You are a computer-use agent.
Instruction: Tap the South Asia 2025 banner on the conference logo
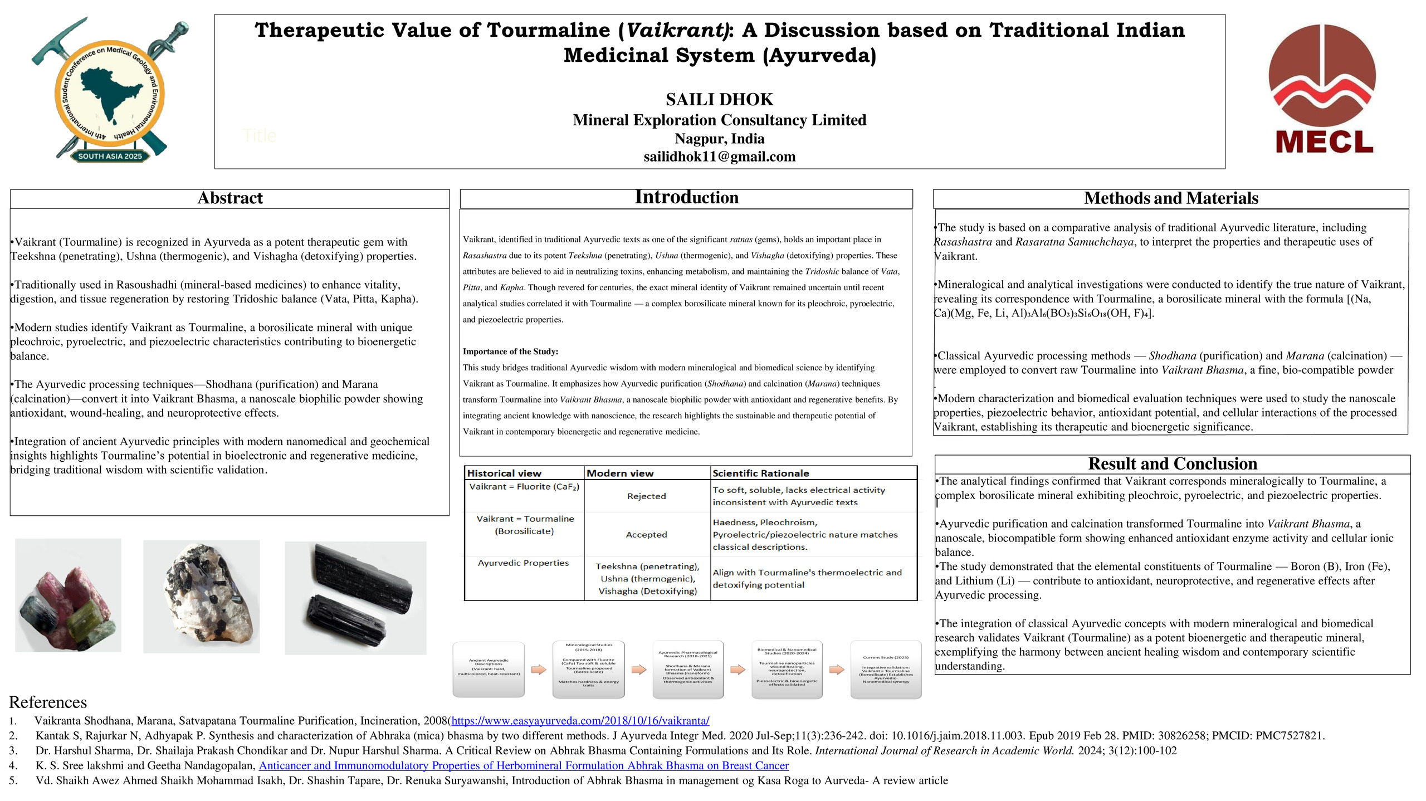(x=110, y=157)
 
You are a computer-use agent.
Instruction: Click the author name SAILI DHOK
(x=719, y=100)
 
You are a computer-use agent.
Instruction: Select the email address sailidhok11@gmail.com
(x=719, y=157)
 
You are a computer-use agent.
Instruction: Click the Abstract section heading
(x=229, y=198)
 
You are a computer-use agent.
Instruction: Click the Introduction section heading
(x=686, y=197)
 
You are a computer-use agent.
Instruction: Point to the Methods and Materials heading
(x=1170, y=198)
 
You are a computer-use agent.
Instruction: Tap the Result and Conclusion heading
(x=1172, y=464)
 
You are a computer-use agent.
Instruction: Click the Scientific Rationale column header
(x=760, y=473)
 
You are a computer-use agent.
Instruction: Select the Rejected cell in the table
(x=646, y=496)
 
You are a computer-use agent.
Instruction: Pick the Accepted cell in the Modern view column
(x=646, y=535)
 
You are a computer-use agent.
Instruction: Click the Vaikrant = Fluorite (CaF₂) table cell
(x=524, y=487)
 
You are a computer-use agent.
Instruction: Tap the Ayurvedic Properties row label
(x=523, y=563)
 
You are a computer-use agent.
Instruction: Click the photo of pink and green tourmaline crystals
(x=68, y=595)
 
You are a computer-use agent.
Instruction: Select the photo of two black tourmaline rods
(x=355, y=598)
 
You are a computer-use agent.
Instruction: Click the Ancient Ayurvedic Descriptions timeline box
(x=489, y=668)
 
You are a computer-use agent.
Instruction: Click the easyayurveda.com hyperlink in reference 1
(x=580, y=721)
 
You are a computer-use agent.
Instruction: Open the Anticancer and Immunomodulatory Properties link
(x=523, y=766)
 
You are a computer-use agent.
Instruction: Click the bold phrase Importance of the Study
(x=510, y=351)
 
